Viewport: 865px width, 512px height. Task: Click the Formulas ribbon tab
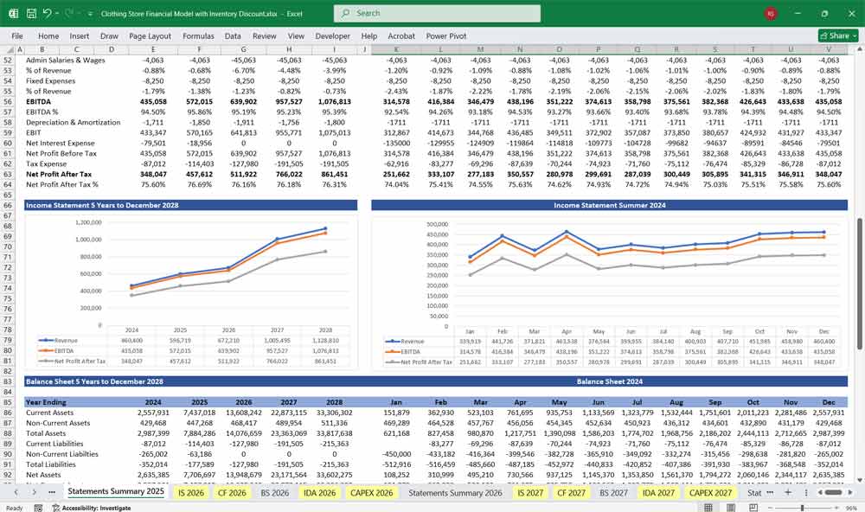[198, 36]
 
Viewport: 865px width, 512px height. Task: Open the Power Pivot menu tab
[445, 36]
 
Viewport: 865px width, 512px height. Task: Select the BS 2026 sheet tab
[274, 492]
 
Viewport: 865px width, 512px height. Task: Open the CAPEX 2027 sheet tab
[711, 492]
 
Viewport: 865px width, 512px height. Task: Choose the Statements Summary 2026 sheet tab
[455, 492]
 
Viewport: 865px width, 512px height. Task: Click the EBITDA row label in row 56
[39, 101]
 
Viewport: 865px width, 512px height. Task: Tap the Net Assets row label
[43, 474]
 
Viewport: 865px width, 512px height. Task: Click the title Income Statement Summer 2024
[609, 205]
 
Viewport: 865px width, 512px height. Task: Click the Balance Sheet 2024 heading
[609, 381]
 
